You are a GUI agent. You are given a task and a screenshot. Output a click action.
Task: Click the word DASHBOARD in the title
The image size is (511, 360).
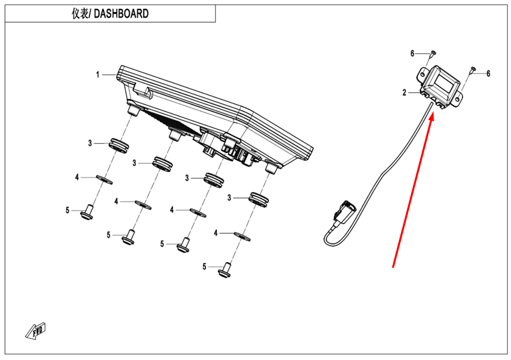(x=122, y=14)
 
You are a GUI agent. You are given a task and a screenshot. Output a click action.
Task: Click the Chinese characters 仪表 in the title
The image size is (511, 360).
(x=81, y=14)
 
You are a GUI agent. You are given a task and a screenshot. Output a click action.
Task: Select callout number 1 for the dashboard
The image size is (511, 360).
(x=98, y=75)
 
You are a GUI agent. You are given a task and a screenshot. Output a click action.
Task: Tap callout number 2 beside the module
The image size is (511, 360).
(x=404, y=92)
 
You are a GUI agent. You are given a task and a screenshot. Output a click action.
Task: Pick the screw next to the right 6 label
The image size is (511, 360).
(x=472, y=70)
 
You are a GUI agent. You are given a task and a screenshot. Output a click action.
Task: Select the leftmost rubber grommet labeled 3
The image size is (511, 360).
(x=117, y=145)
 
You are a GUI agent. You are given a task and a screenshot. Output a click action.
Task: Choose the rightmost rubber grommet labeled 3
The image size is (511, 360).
(x=259, y=199)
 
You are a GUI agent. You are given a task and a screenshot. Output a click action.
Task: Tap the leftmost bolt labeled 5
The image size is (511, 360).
(x=87, y=211)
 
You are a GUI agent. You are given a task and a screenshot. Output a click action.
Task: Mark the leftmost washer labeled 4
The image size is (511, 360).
(x=104, y=179)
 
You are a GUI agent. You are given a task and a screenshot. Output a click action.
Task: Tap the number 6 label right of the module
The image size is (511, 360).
(x=488, y=74)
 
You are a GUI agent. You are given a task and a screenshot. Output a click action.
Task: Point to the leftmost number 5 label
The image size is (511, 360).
(x=67, y=210)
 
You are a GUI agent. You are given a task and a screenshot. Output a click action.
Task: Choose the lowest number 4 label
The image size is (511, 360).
(x=216, y=233)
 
